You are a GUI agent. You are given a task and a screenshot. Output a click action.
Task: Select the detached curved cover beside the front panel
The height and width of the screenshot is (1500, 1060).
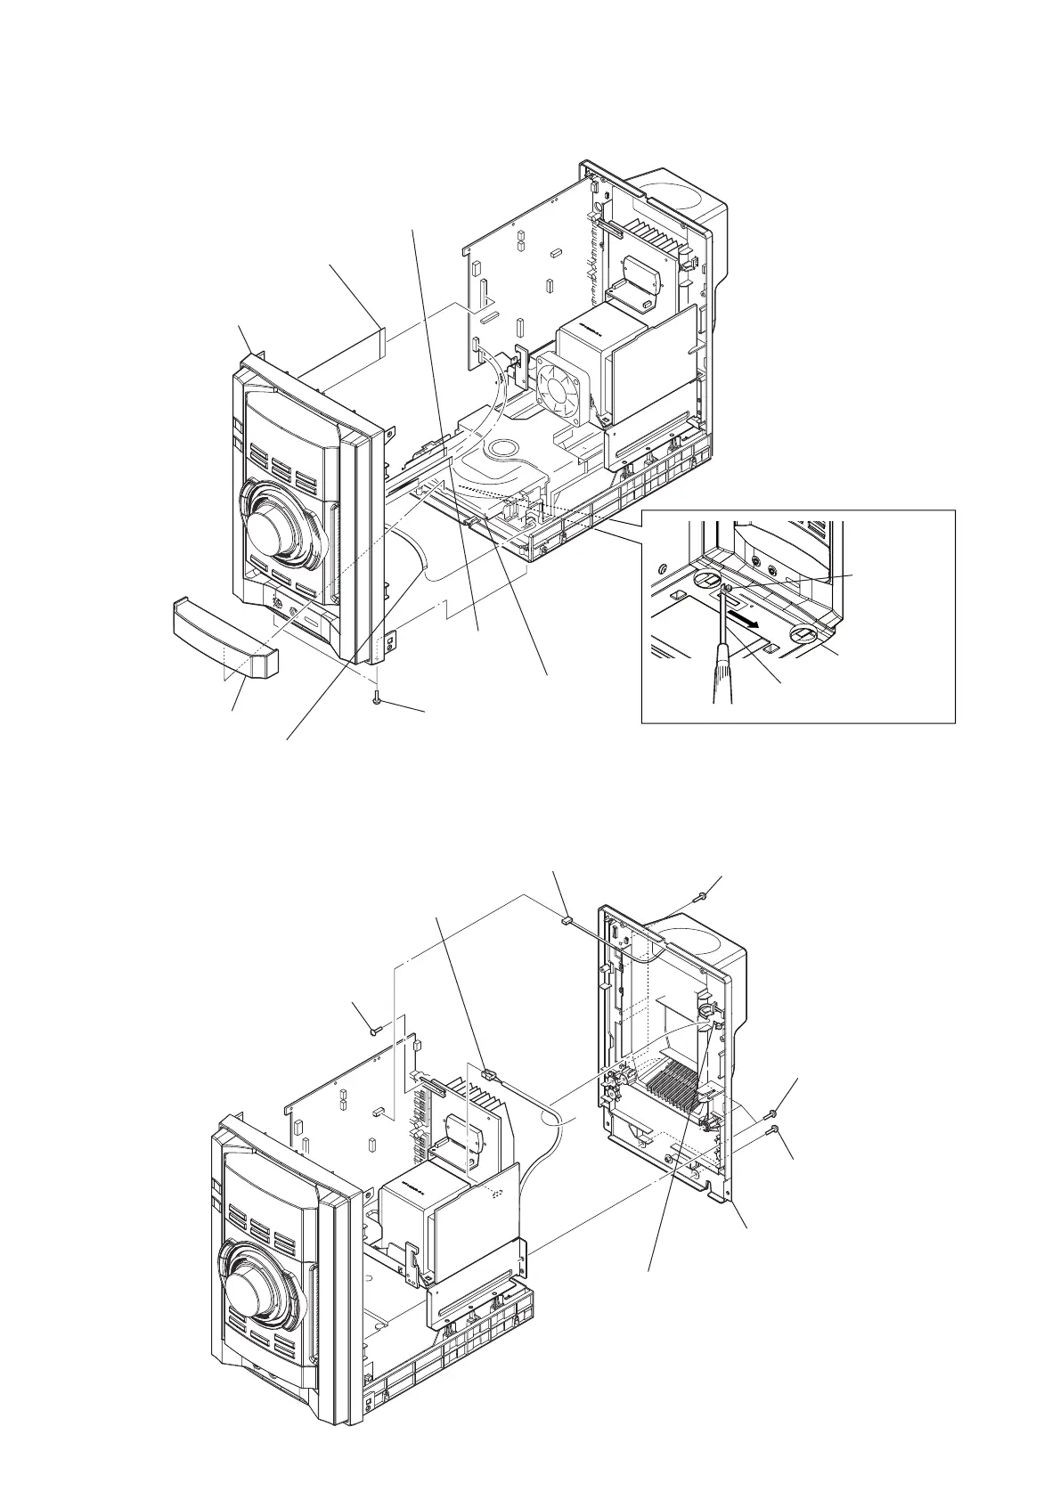point(224,635)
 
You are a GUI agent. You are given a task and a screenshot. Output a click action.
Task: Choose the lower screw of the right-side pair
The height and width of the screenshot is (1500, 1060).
point(775,1129)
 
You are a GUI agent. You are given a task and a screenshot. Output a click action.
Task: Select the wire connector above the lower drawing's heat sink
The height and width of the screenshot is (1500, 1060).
point(486,1074)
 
